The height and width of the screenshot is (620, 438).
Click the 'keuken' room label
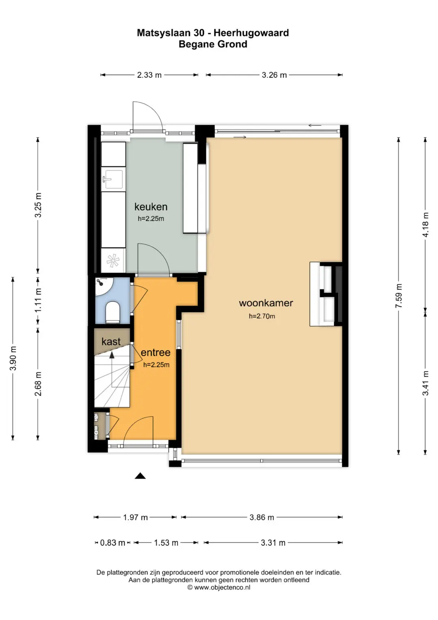tap(151, 207)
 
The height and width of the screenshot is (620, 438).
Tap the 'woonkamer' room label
tap(266, 303)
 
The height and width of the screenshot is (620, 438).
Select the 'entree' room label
tap(155, 352)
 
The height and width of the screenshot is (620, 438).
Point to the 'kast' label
tap(111, 341)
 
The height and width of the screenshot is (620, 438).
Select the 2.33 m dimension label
tap(149, 75)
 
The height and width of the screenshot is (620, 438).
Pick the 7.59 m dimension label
tap(398, 296)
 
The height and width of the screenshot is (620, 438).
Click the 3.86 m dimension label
tap(262, 517)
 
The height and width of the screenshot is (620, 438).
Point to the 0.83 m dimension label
tap(113, 543)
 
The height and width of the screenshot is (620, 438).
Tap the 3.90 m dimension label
tap(13, 358)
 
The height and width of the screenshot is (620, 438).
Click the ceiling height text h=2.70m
tap(262, 316)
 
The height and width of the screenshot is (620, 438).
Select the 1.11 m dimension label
tap(38, 300)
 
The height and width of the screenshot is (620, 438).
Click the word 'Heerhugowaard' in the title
tap(251, 33)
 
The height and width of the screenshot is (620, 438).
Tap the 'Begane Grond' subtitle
tap(213, 44)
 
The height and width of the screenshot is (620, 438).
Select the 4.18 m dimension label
tap(425, 225)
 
